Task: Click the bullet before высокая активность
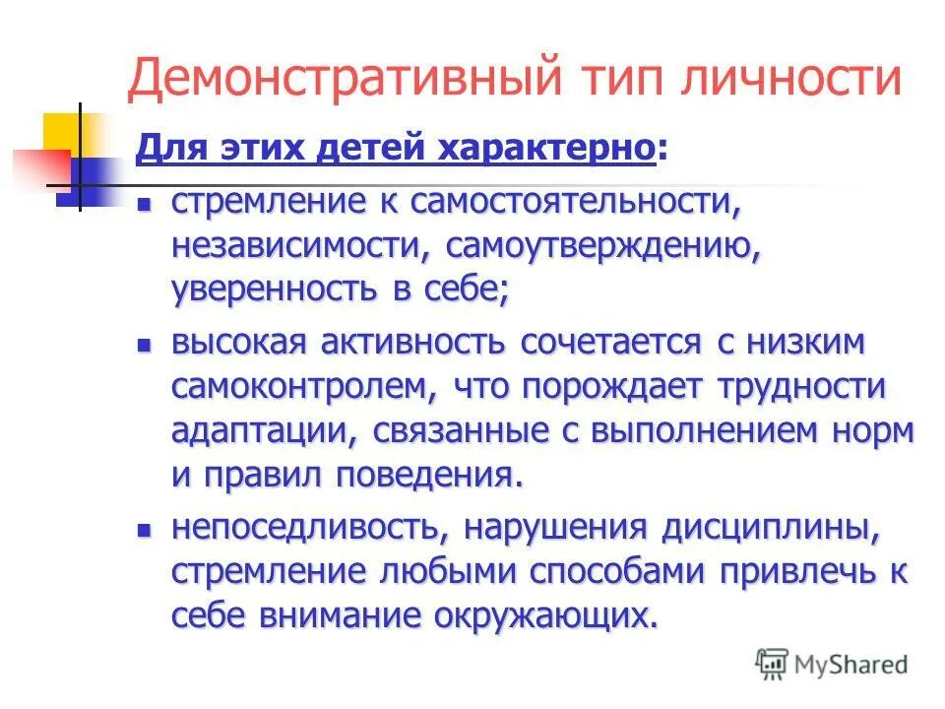(143, 346)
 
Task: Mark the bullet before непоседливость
(143, 530)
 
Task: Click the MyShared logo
(831, 663)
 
